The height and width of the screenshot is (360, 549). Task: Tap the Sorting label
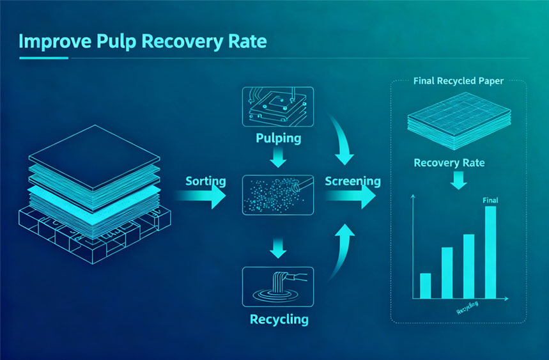click(205, 181)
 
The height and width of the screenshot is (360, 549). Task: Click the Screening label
click(352, 181)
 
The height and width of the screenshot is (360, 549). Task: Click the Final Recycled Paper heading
click(458, 82)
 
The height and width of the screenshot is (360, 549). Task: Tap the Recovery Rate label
click(449, 162)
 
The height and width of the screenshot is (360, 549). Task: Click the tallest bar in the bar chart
click(490, 252)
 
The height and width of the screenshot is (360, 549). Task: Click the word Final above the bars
click(490, 200)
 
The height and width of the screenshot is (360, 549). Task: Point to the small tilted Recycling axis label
click(468, 310)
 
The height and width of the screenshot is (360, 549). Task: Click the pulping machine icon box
click(277, 106)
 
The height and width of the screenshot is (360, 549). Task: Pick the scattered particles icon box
click(277, 194)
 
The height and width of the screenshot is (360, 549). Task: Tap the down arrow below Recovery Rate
click(458, 182)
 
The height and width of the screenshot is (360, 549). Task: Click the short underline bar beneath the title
click(43, 59)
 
